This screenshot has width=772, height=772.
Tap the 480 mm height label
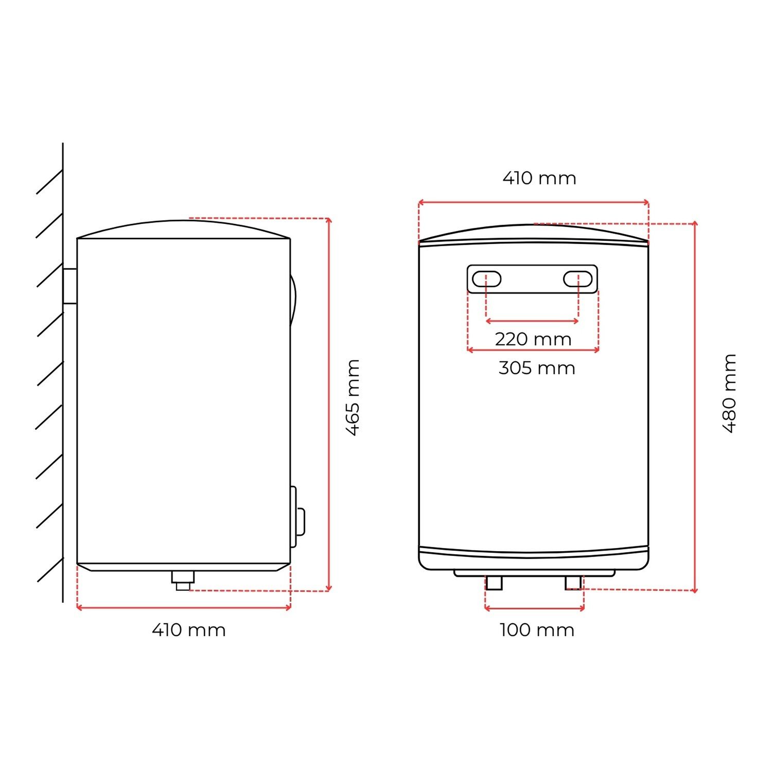click(x=730, y=394)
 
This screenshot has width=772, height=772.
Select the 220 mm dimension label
click(x=533, y=339)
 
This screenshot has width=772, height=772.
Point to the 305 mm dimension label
click(x=537, y=368)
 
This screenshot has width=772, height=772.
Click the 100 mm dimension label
click(x=537, y=630)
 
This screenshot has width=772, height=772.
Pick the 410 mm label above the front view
click(x=539, y=178)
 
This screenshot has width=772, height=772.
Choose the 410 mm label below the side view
click(x=189, y=630)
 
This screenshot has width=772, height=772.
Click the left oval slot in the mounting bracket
click(x=486, y=278)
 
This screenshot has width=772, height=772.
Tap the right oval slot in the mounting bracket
click(x=578, y=278)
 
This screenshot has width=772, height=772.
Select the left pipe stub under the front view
click(x=494, y=583)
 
